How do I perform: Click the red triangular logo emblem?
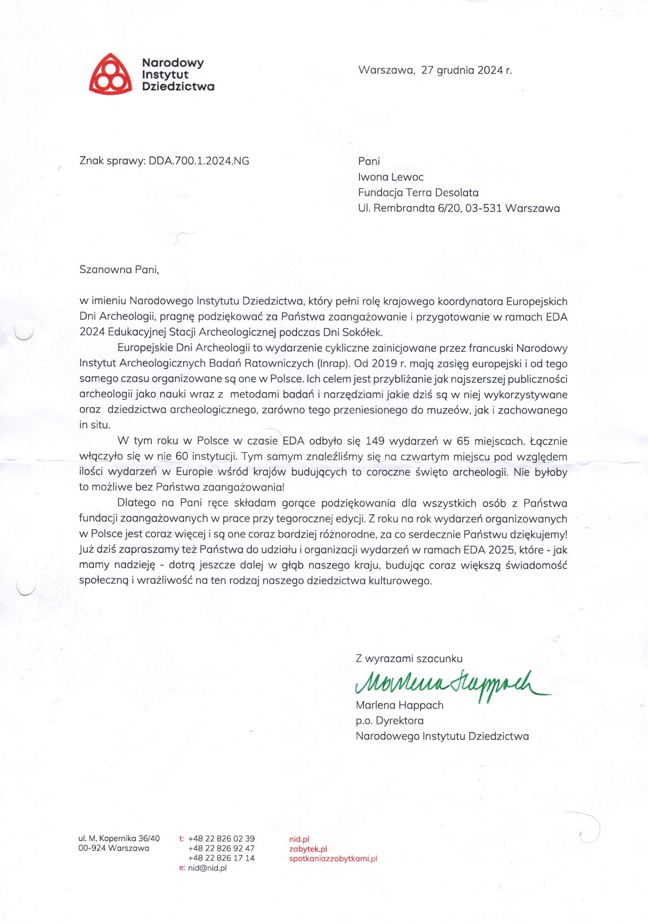(x=110, y=75)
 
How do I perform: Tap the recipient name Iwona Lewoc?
(x=391, y=177)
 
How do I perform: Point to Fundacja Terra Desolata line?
(x=418, y=193)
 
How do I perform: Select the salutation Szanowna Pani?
(x=119, y=270)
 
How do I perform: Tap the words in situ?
(x=95, y=425)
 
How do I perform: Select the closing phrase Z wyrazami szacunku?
(x=409, y=658)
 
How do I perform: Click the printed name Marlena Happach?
(x=399, y=705)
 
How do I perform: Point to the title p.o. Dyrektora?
(x=389, y=721)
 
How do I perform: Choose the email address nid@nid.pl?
(x=207, y=868)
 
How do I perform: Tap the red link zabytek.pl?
(x=308, y=849)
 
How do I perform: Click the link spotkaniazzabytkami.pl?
(x=333, y=858)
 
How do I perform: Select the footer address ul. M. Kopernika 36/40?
(x=119, y=838)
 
